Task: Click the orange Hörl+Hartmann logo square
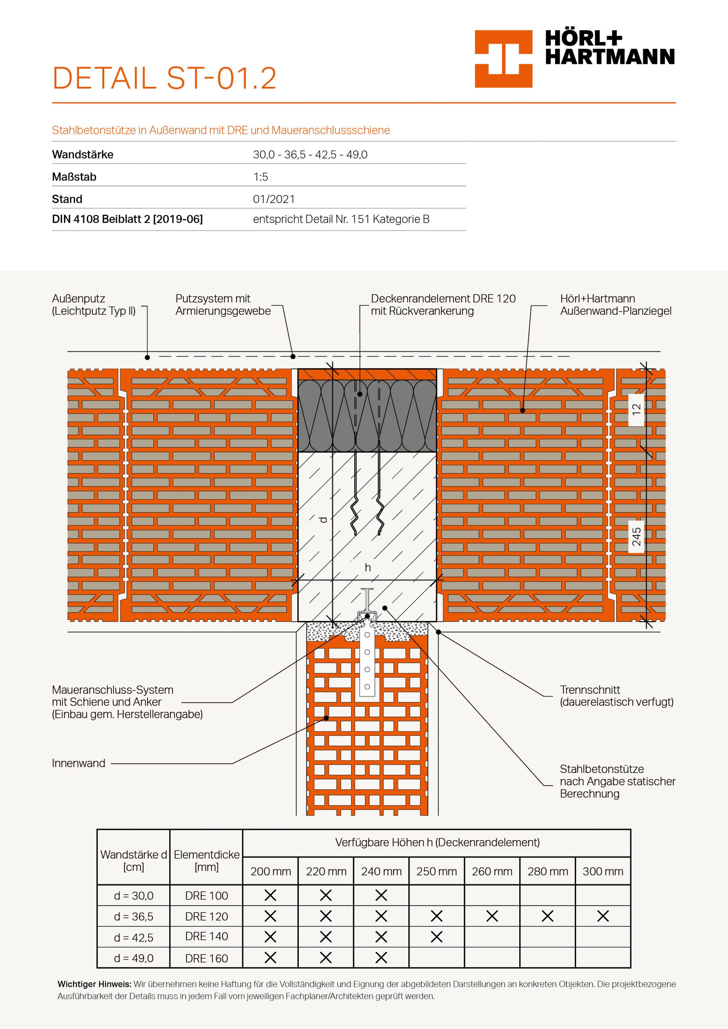pos(503,59)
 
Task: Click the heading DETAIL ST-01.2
pos(164,78)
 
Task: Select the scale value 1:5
pos(260,177)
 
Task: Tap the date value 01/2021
pos(274,199)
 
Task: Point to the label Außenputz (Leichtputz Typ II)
pos(94,305)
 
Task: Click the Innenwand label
pos(78,763)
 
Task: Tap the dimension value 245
pos(636,537)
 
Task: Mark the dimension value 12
pos(636,409)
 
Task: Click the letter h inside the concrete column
pos(368,568)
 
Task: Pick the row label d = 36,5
pos(134,916)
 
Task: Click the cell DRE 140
pos(206,936)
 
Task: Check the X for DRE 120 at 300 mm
pos(603,916)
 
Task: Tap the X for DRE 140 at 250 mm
pos(436,937)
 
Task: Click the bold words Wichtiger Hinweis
pos(94,984)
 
